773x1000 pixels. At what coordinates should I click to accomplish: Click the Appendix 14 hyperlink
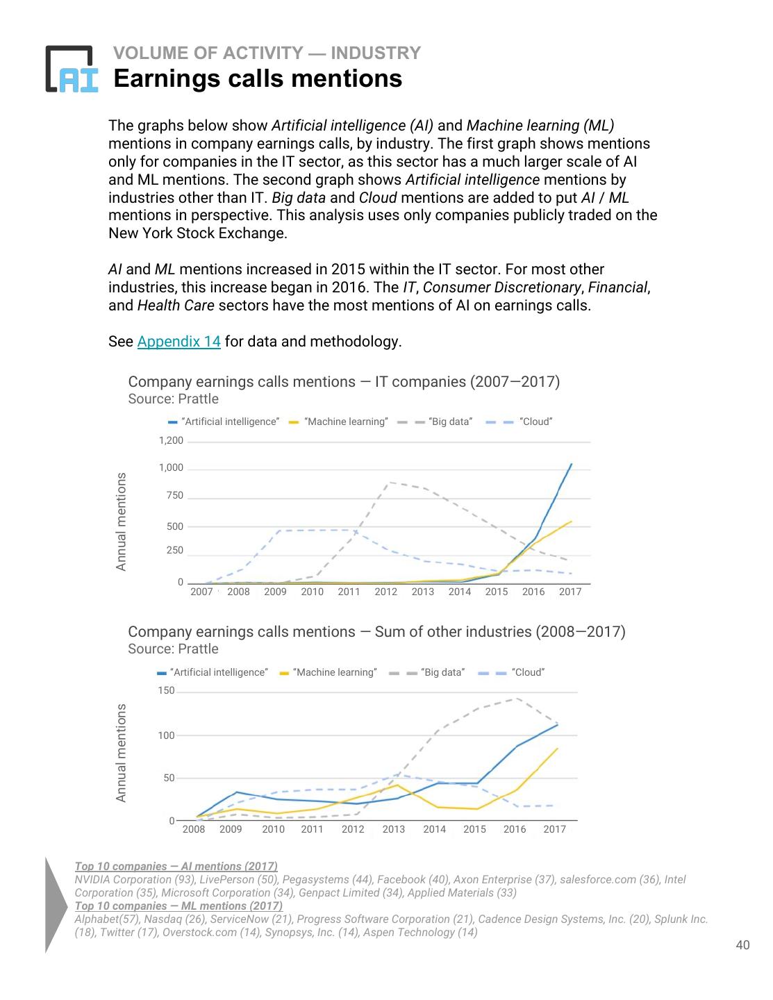tap(178, 342)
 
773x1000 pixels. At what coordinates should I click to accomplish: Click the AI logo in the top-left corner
tap(72, 69)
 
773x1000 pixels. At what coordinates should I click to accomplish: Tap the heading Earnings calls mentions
tap(257, 78)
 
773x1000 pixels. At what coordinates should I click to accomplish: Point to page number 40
tap(742, 944)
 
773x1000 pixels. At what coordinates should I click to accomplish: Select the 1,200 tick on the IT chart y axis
tap(171, 441)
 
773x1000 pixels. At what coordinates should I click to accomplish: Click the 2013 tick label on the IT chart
tap(422, 592)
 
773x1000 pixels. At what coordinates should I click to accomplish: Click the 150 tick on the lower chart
tap(167, 691)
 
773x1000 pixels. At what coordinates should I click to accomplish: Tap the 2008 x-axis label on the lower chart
tap(194, 829)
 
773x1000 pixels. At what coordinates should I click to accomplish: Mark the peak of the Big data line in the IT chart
tap(391, 482)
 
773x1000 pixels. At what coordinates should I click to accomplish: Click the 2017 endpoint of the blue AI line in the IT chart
tap(571, 464)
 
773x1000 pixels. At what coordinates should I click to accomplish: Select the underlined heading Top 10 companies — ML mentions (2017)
tap(178, 906)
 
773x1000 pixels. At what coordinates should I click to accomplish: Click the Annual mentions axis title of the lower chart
tap(122, 753)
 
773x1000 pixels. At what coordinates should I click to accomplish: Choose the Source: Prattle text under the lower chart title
tap(173, 649)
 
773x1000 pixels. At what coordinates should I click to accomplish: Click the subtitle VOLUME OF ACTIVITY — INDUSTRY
tap(267, 53)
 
